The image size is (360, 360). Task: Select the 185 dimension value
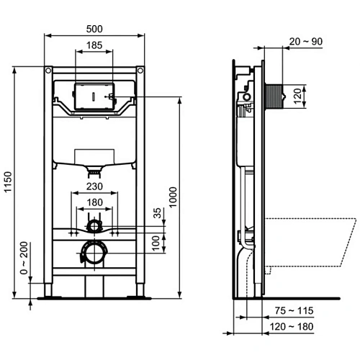click(x=93, y=45)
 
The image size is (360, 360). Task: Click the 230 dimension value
click(x=93, y=186)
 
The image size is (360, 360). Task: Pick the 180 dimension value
click(x=93, y=202)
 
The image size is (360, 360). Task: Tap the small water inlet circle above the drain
click(x=92, y=227)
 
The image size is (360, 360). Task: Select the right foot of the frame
click(x=138, y=294)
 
